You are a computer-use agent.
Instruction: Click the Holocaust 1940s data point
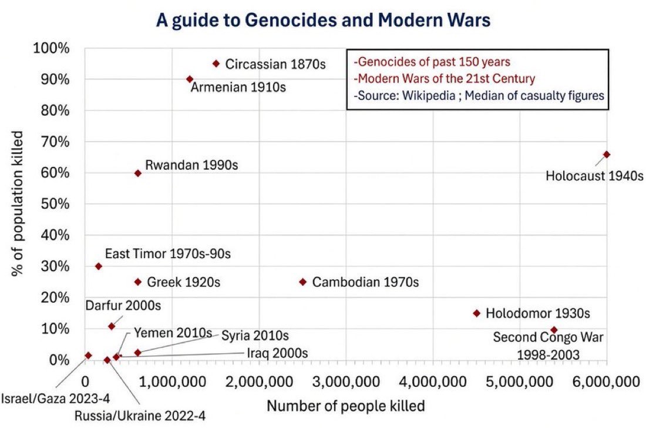click(607, 155)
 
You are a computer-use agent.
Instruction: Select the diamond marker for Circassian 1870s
click(216, 63)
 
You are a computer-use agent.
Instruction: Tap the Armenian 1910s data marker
click(190, 79)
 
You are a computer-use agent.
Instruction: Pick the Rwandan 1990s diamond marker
click(138, 173)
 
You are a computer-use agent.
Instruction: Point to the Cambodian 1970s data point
click(303, 282)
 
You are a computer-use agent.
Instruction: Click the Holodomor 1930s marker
click(477, 313)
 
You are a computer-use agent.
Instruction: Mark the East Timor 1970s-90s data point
click(99, 266)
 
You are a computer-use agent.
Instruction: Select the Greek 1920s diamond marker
click(138, 282)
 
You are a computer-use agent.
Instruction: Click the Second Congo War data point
click(554, 330)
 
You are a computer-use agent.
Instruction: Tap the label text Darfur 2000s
click(123, 306)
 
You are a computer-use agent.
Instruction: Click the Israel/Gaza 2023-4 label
click(56, 399)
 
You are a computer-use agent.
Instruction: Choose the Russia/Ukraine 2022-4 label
click(140, 416)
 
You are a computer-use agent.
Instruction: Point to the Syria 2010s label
click(255, 336)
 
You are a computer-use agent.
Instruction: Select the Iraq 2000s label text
click(277, 353)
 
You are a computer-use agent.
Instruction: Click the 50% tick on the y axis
click(55, 204)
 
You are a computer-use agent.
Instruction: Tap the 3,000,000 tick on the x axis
click(346, 382)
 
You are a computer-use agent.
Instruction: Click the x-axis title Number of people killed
click(346, 406)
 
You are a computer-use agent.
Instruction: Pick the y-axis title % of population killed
click(17, 203)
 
